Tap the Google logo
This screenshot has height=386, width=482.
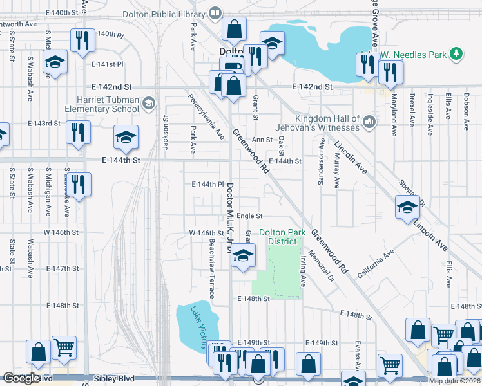coord(21,378)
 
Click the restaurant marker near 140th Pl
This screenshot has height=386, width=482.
coord(82,40)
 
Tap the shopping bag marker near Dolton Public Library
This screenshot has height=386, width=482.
coord(234,28)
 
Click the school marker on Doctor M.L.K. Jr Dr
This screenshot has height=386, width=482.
coord(243,255)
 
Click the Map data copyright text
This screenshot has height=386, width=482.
coord(454,381)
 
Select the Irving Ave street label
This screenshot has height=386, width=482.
coord(302,270)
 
